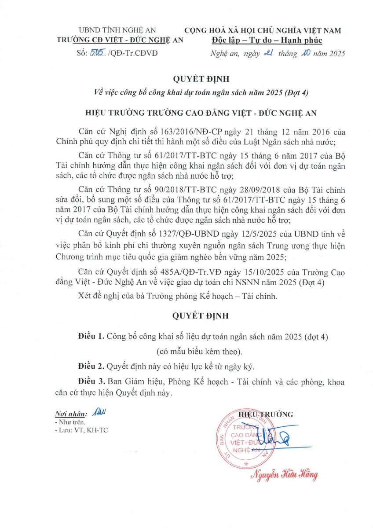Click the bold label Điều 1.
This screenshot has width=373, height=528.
pos(91,337)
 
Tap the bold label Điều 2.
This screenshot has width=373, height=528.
pos(91,366)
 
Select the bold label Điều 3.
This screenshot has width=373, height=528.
pos(91,383)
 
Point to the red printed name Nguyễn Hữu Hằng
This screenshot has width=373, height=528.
pos(285,475)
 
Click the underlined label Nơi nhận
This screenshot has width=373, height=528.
pos(70,414)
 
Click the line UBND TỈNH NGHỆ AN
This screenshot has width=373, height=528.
pos(117,31)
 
